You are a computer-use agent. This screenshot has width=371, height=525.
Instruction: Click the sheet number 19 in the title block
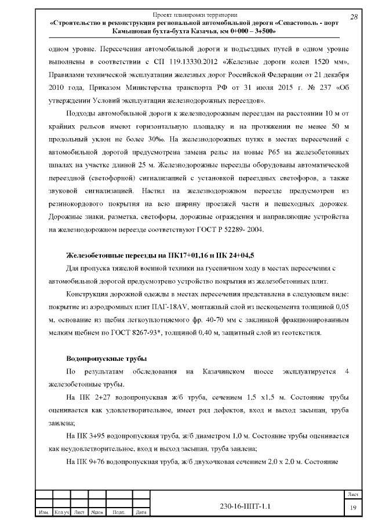pyautogui.click(x=353, y=508)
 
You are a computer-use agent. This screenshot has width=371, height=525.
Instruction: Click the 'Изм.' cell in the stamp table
pyautogui.click(x=43, y=512)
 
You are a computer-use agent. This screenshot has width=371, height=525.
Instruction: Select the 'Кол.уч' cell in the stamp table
pyautogui.click(x=62, y=512)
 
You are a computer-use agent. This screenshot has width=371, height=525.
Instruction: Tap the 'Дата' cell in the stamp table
pyautogui.click(x=140, y=512)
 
